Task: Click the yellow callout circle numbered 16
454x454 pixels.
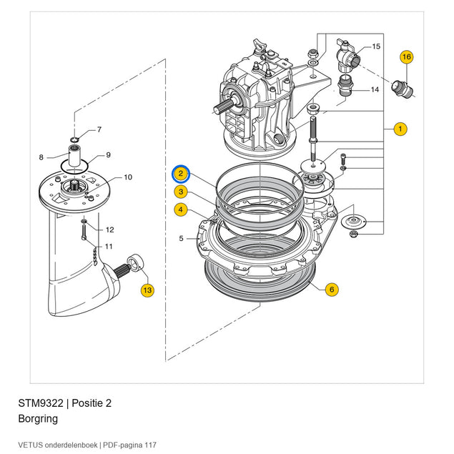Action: (407, 56)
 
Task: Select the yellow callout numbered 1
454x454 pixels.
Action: (400, 129)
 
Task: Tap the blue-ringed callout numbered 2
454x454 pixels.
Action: (181, 174)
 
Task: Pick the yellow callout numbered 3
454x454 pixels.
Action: (181, 192)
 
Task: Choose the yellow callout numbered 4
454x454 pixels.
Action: (181, 209)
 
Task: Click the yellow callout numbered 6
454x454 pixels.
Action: (332, 290)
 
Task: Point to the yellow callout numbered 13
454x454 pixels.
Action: (147, 290)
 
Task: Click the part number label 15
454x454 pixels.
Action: (376, 46)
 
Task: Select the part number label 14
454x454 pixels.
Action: (375, 90)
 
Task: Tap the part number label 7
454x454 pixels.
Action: (99, 129)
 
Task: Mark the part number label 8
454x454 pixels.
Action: (41, 157)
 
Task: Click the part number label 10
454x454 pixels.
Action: (128, 177)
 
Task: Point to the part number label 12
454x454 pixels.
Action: (109, 230)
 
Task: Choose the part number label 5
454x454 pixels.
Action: (181, 238)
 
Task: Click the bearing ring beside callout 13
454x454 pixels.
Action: (135, 262)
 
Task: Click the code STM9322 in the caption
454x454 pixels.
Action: (41, 403)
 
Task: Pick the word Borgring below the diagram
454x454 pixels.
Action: (38, 419)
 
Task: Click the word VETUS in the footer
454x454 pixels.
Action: (31, 445)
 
